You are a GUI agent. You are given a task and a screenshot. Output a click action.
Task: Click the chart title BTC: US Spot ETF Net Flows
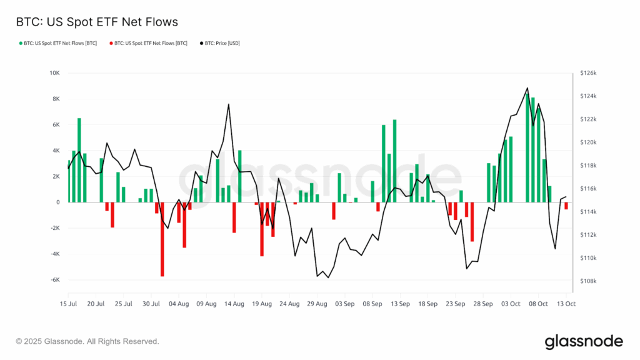pos(97,22)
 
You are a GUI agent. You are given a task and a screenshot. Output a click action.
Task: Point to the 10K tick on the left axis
pos(54,73)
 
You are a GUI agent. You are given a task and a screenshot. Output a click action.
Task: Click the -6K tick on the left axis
pos(54,279)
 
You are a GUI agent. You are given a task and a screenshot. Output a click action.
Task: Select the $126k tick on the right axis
pos(588,73)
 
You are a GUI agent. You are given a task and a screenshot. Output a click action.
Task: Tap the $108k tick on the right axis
pos(588,281)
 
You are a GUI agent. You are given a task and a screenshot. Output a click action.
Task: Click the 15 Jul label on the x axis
pos(68,304)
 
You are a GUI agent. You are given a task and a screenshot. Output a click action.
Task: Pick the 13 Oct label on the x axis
pos(566,304)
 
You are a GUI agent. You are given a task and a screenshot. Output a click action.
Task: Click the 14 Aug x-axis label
pos(234,304)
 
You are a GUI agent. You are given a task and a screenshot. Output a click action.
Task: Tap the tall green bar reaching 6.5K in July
pos(79,160)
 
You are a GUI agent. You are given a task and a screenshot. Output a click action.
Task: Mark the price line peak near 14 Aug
pos(229,104)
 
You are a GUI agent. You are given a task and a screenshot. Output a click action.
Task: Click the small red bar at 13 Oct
pos(566,206)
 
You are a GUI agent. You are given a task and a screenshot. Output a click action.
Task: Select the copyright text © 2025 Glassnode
pos(87,341)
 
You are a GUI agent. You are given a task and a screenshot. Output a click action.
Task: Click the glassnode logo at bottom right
pos(584,341)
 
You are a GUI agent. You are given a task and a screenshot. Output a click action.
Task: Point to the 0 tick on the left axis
pos(57,202)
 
